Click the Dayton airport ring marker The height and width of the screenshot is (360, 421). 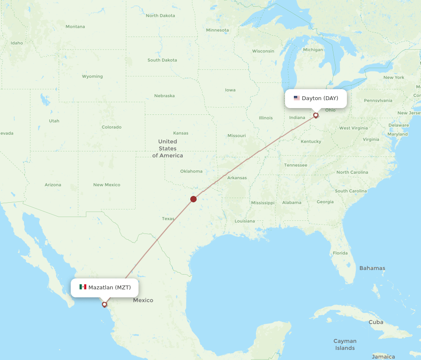(x=316, y=115)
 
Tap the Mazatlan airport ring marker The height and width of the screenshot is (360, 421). (x=104, y=304)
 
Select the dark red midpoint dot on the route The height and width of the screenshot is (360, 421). (x=193, y=199)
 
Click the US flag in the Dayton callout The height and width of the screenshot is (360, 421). (x=297, y=98)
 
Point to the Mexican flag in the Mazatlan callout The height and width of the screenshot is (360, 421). (x=83, y=287)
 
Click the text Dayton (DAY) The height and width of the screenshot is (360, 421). (x=320, y=98)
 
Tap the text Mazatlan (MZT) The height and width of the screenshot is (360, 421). (x=109, y=288)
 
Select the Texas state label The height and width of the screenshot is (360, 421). (x=168, y=219)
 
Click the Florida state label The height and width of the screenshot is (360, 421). (x=340, y=253)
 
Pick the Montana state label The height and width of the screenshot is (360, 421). (x=75, y=26)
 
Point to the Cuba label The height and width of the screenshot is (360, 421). (x=376, y=322)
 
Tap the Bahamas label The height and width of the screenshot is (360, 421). (x=372, y=268)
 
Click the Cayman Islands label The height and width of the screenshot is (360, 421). (x=345, y=344)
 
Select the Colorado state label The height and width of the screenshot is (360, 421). (x=111, y=127)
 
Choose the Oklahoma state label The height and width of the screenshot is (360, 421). (x=191, y=171)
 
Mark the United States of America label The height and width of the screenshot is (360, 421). (x=168, y=148)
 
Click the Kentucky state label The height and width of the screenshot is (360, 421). (x=311, y=142)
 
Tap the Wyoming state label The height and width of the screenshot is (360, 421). (x=92, y=77)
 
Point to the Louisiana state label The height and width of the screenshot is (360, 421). (x=245, y=221)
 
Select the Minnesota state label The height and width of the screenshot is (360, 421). (x=217, y=30)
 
